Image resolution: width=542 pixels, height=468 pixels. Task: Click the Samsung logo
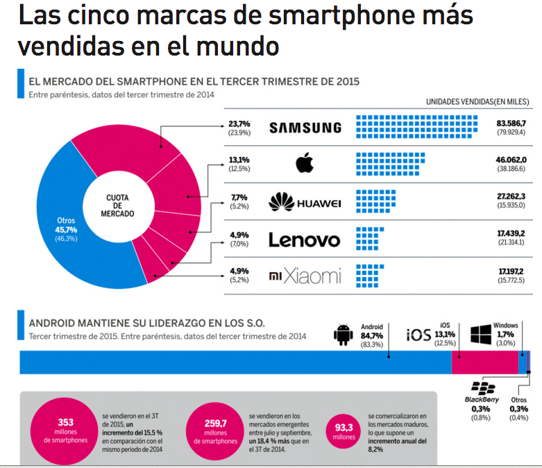[x=305, y=128]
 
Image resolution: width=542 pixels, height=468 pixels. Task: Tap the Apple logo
[x=305, y=163]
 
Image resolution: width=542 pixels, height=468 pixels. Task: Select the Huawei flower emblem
[x=281, y=201]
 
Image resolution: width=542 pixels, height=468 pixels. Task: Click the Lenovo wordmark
[x=305, y=240]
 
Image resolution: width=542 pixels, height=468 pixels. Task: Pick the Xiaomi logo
[x=305, y=276]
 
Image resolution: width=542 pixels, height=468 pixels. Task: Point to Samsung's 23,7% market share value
[x=239, y=124]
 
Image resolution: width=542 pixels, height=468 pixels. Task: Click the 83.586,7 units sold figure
[x=511, y=123]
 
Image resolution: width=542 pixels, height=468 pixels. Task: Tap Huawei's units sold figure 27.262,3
[x=511, y=196]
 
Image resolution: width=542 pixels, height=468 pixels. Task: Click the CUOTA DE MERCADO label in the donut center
[x=117, y=206]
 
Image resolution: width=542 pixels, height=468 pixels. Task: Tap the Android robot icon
[x=344, y=335]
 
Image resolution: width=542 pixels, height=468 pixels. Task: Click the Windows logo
[x=481, y=335]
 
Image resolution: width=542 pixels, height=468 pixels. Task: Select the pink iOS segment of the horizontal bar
[x=485, y=362]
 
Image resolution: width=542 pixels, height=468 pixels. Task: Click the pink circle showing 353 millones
[x=65, y=431]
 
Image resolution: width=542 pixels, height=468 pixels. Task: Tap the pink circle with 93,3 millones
[x=344, y=431]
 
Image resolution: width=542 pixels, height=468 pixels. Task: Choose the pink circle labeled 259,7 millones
[x=215, y=431]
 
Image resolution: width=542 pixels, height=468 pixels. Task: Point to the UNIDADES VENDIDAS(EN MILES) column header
[x=477, y=101]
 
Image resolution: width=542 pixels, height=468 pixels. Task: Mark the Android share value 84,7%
[x=371, y=335]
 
